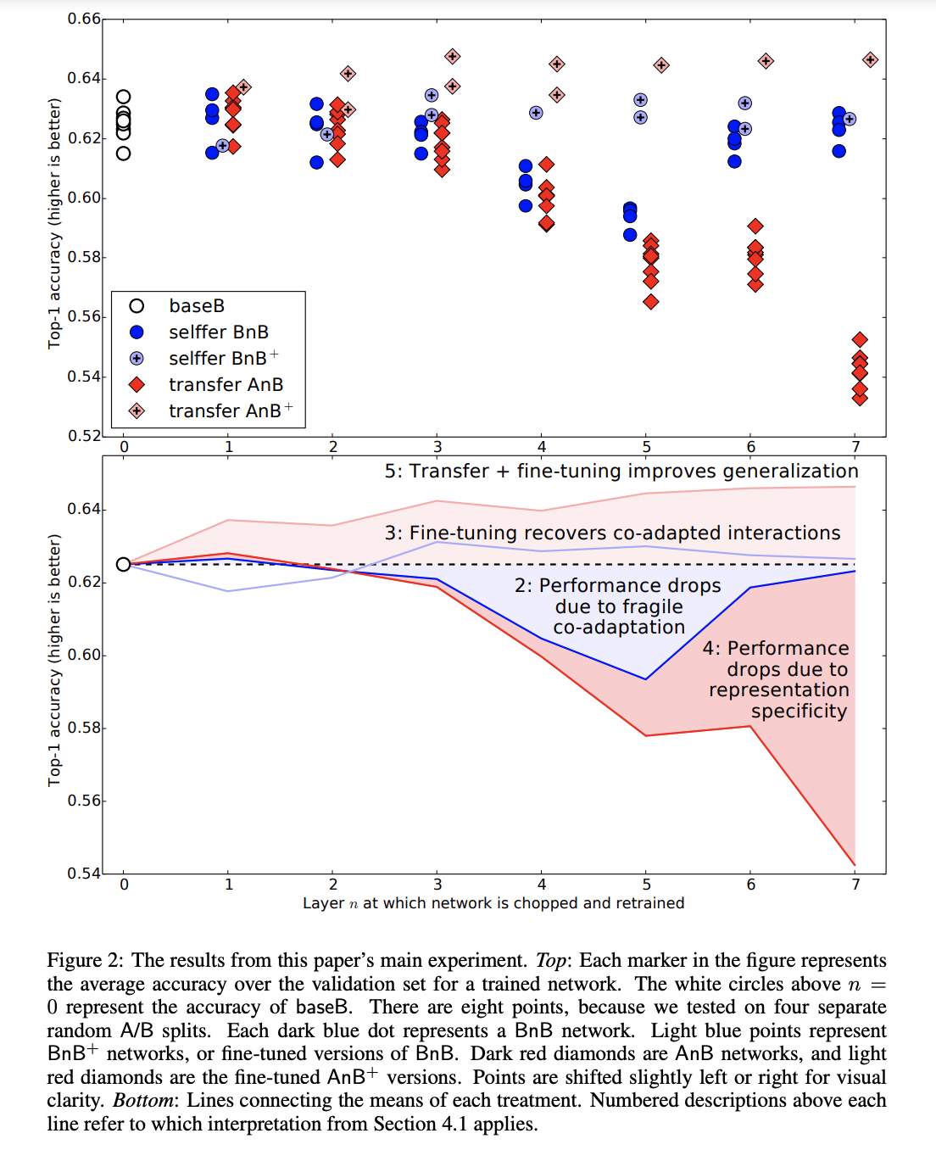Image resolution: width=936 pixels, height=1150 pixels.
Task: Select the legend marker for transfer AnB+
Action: tap(137, 410)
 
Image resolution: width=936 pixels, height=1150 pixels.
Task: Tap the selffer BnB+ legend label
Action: tap(224, 358)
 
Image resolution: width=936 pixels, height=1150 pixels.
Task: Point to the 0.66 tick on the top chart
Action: tap(84, 19)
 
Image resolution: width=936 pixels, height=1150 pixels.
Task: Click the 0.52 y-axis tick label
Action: tap(84, 435)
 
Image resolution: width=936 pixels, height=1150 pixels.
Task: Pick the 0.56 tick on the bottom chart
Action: tap(84, 800)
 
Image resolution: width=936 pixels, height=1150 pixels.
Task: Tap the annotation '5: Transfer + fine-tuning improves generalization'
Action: tap(621, 472)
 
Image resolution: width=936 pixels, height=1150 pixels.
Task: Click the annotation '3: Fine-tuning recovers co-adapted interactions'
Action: tap(613, 533)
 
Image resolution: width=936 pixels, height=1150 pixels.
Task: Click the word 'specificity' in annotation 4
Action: tap(799, 711)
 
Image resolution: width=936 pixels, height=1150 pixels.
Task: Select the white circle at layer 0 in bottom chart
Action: tap(124, 564)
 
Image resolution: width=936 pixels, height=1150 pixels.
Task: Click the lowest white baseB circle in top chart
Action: tap(124, 154)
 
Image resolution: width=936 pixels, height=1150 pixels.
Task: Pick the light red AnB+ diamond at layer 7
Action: tap(870, 60)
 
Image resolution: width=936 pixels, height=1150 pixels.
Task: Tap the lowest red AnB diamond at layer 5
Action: tap(651, 301)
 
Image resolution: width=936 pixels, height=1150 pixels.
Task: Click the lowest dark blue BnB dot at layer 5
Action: tap(630, 235)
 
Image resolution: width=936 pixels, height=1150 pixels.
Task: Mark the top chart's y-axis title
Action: tap(54, 224)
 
